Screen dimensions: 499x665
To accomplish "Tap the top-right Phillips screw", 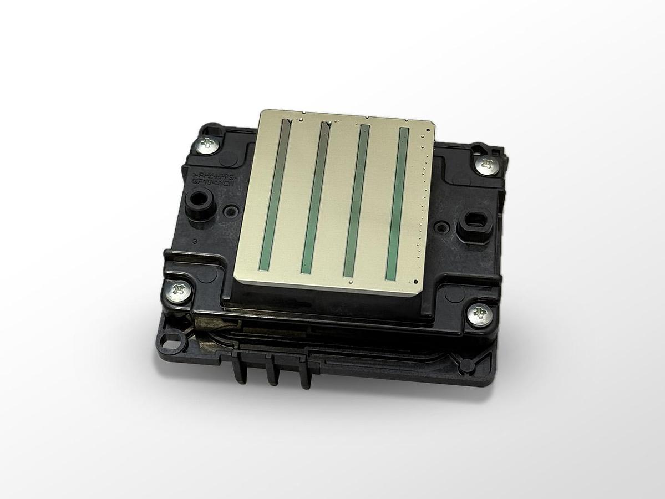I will [486, 164].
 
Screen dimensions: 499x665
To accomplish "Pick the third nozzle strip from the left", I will [356, 201].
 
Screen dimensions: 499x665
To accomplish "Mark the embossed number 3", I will [195, 242].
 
